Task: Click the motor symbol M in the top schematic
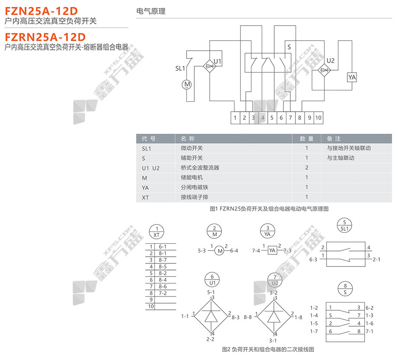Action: click(187, 84)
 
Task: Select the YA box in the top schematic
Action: click(352, 77)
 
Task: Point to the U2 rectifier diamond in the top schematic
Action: click(323, 70)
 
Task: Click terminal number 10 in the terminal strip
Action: click(318, 117)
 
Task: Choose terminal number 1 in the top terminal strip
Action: click(235, 117)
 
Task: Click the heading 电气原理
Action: click(151, 12)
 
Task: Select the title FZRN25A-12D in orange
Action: click(45, 36)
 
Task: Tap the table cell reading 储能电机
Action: click(191, 177)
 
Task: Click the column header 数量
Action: click(307, 139)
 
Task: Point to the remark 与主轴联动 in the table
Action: click(340, 158)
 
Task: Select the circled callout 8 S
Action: click(345, 289)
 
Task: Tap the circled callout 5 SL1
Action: click(345, 225)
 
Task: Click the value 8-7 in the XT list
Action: click(163, 260)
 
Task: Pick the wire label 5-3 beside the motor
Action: click(202, 251)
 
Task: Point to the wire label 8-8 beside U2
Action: click(248, 317)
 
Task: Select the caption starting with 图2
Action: click(267, 349)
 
